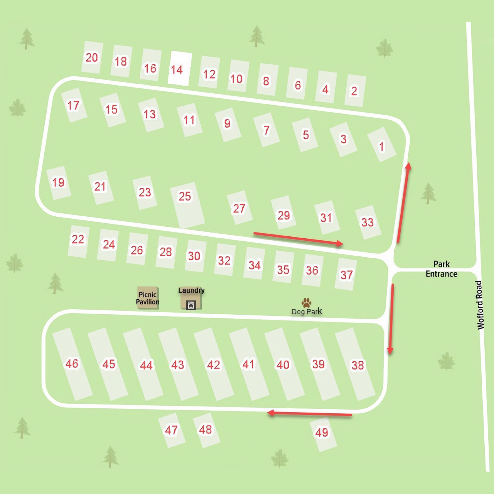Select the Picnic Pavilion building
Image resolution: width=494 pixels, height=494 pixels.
[x=148, y=298]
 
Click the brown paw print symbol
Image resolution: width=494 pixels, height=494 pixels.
[x=306, y=303]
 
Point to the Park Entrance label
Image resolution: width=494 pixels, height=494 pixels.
[x=441, y=269]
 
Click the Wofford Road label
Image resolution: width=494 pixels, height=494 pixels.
[x=480, y=305]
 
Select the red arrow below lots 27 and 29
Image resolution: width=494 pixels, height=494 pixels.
[x=298, y=238]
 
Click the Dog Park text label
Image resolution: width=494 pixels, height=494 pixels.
[x=307, y=311]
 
